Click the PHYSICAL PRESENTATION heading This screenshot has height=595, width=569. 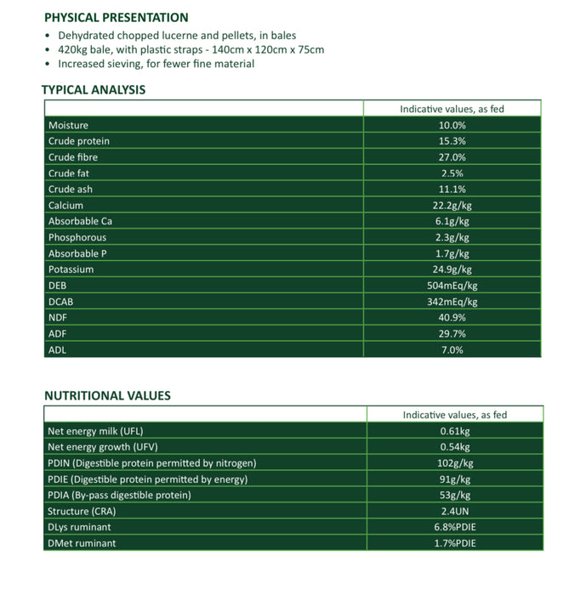point(116,17)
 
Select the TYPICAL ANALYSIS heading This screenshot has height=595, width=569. point(93,89)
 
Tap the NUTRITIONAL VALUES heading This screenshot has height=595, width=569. point(107,395)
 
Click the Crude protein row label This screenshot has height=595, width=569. point(78,141)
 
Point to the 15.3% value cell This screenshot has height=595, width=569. point(452,141)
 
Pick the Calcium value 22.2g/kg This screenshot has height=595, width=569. point(452,206)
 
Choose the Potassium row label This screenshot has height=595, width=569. point(71,269)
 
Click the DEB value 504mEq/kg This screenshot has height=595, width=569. point(452,286)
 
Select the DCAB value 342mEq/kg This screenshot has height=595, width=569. point(452,302)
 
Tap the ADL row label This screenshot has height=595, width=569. point(57,349)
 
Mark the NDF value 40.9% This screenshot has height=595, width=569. point(452,318)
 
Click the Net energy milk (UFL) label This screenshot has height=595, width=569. point(96,431)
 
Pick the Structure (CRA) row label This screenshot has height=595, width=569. point(84,511)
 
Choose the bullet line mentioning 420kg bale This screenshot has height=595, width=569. point(191,49)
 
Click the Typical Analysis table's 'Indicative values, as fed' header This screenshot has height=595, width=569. point(452,109)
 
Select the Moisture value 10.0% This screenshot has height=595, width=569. point(452,126)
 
